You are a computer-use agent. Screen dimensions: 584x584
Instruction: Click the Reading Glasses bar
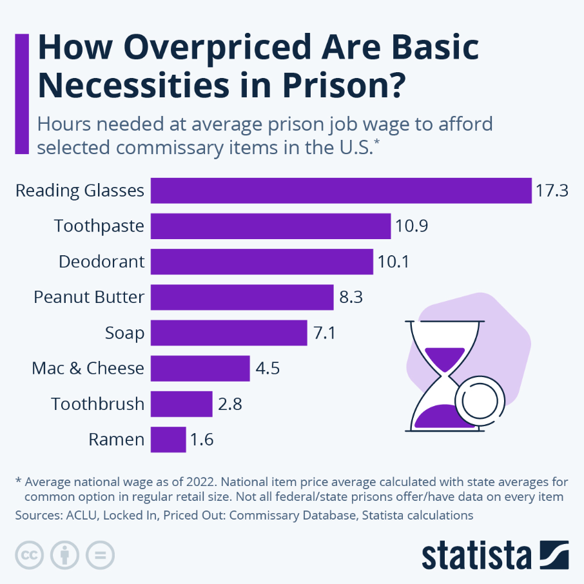coord(341,191)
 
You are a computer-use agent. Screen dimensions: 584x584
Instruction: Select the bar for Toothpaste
coord(271,226)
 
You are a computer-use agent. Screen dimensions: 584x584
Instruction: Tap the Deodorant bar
coord(262,262)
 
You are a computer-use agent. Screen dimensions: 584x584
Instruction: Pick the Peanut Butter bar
coord(242,298)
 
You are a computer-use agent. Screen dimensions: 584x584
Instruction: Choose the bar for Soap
coord(229,333)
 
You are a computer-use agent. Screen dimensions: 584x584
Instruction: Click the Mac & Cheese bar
coord(200,369)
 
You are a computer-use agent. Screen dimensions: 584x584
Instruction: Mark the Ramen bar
coord(168,440)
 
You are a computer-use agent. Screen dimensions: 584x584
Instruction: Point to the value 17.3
coord(552,191)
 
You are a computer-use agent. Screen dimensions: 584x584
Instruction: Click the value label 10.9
coord(411,226)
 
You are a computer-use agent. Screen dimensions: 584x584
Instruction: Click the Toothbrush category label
coord(98,404)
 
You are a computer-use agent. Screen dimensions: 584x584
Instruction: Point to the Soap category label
coord(124,333)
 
